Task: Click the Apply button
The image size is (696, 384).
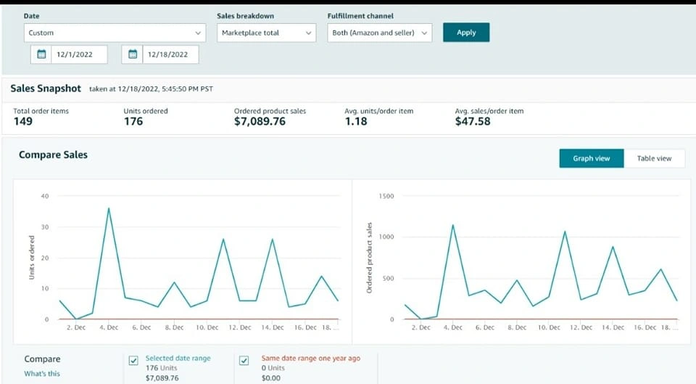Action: tap(466, 33)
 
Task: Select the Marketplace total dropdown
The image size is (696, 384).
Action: tap(266, 33)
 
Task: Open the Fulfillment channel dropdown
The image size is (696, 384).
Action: tap(379, 33)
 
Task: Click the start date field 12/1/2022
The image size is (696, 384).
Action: tap(70, 54)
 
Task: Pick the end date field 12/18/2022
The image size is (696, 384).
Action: tap(161, 54)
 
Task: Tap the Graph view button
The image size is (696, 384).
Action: tap(591, 158)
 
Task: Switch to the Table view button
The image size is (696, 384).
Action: tap(654, 158)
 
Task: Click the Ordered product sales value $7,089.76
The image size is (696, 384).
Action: tap(260, 121)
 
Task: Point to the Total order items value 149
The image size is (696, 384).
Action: tap(23, 121)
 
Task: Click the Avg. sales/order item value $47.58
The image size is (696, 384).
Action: tap(473, 121)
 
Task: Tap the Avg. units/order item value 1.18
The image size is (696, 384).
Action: tap(356, 121)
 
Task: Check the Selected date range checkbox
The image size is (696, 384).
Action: tap(133, 361)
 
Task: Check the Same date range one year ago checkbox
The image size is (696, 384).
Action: tap(244, 361)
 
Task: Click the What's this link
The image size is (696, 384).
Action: tap(42, 374)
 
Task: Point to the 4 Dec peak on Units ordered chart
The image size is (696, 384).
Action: tap(109, 208)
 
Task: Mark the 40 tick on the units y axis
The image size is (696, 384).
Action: tap(45, 196)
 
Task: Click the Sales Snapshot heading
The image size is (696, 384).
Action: tap(46, 88)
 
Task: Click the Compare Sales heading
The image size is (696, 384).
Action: tap(53, 155)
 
